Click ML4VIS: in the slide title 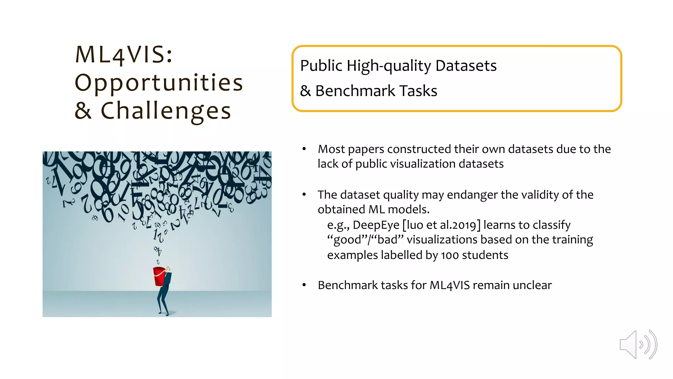pyautogui.click(x=124, y=54)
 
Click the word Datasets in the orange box pyautogui.click(x=466, y=65)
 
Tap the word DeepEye pyautogui.click(x=376, y=225)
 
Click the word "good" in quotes pyautogui.click(x=347, y=240)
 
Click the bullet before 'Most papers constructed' pyautogui.click(x=304, y=149)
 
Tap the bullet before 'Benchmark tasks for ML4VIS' pyautogui.click(x=304, y=285)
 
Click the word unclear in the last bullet pyautogui.click(x=532, y=285)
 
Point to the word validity pyautogui.click(x=541, y=195)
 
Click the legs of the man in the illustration pyautogui.click(x=163, y=301)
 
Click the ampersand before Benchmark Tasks pyautogui.click(x=305, y=91)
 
